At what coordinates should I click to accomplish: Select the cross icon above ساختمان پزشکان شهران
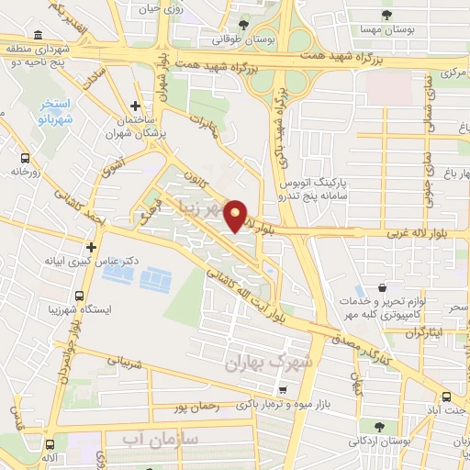coord(136,106)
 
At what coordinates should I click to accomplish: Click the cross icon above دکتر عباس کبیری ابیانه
coord(91,247)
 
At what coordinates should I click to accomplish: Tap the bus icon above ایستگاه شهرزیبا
coord(79,297)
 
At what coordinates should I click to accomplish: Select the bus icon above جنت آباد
coord(446,397)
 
